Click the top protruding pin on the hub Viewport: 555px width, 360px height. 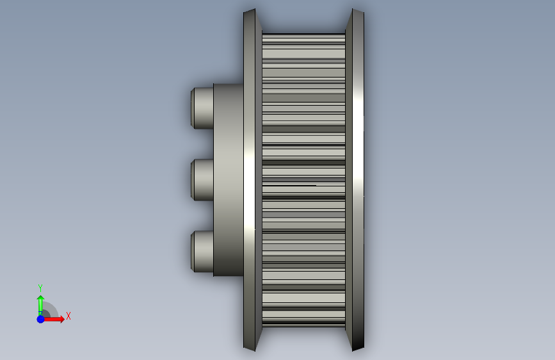tap(202, 108)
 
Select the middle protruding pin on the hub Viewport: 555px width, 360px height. tap(202, 179)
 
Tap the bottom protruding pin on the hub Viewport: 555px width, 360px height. tap(202, 252)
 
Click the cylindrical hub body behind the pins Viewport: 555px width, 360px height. tap(229, 180)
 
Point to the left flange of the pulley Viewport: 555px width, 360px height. tap(252, 180)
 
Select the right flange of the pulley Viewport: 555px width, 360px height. tap(355, 180)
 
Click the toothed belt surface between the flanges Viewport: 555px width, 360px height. tap(303, 180)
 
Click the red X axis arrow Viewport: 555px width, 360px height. tap(53, 319)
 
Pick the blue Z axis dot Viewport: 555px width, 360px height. tap(40, 319)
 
